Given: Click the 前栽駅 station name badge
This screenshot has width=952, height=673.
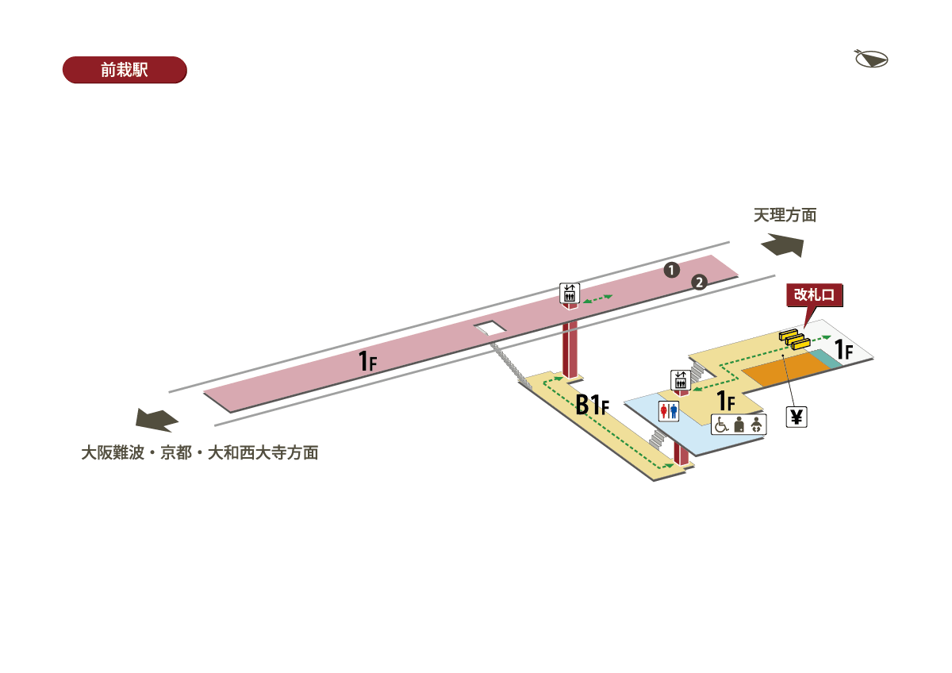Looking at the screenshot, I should click(x=125, y=70).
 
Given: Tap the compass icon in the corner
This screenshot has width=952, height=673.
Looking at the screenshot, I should click(x=871, y=59).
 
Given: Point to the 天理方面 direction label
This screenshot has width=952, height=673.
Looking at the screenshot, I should click(x=785, y=215).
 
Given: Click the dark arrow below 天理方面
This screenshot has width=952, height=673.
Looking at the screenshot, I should click(x=782, y=245).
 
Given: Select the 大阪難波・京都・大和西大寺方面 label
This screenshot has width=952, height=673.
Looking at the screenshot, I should click(x=200, y=453).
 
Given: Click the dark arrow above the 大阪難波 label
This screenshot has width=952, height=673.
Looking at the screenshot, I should click(x=157, y=420).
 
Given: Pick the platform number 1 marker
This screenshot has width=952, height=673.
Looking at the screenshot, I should click(x=671, y=270).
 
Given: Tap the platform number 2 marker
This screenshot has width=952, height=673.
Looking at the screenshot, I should click(x=699, y=282).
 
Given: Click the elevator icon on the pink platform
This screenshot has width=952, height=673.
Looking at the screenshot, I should click(x=570, y=293).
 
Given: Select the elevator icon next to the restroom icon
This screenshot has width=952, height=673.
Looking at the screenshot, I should click(x=680, y=379).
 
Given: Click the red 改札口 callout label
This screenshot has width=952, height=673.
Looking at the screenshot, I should click(x=814, y=295).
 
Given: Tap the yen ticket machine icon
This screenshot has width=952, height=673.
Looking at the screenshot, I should click(x=797, y=416).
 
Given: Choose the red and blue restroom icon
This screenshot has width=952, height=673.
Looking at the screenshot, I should click(x=669, y=410).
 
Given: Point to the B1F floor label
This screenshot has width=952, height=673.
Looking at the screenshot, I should click(x=592, y=405).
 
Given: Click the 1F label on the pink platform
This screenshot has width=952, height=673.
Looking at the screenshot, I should click(x=367, y=362).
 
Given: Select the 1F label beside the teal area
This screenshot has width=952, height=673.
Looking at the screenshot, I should click(x=843, y=350).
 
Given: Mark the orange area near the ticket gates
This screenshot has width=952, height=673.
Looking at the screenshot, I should click(x=781, y=370).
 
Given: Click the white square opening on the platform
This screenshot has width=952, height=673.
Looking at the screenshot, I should click(x=489, y=327).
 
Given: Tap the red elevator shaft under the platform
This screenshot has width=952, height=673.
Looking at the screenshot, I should click(x=570, y=349).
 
